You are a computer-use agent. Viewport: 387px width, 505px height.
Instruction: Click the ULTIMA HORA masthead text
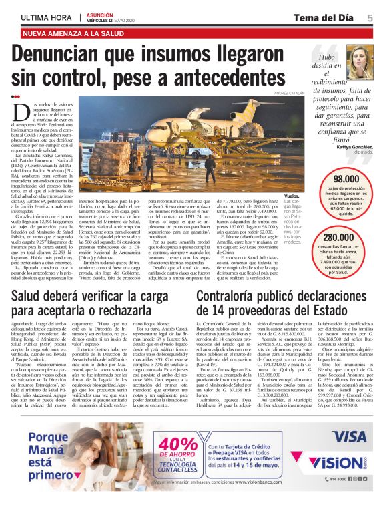click(47, 18)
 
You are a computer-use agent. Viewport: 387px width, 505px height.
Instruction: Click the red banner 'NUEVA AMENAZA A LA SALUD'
click(73, 33)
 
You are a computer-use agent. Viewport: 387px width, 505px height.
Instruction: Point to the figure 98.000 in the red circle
click(346, 179)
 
